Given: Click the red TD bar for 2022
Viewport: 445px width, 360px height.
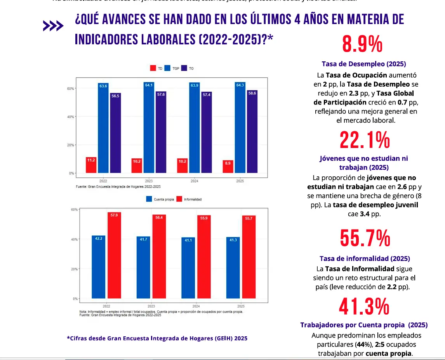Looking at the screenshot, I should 91,165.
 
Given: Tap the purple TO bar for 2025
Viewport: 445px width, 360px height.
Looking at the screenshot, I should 252,132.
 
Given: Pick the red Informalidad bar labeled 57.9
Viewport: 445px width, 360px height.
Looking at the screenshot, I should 114,255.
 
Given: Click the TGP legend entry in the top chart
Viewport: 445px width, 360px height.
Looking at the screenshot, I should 171,68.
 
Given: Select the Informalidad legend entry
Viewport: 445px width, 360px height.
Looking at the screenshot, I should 189,199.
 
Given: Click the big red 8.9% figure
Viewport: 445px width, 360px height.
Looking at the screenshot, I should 362,44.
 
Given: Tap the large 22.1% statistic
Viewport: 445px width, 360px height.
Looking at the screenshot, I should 364,140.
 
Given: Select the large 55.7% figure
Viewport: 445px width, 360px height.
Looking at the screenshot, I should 365,238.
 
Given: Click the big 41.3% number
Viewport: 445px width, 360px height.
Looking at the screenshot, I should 364,307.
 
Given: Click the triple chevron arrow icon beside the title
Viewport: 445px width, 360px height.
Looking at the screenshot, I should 53,26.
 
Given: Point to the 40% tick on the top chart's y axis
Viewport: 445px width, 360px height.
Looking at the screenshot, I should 71,117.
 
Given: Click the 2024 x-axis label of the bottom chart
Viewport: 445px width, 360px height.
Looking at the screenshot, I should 196,306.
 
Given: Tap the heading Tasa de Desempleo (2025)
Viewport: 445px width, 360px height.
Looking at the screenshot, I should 364,64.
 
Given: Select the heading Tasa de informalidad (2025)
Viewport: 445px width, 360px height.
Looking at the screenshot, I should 365,259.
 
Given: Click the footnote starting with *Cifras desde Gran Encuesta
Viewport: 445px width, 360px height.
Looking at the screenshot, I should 157,338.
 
